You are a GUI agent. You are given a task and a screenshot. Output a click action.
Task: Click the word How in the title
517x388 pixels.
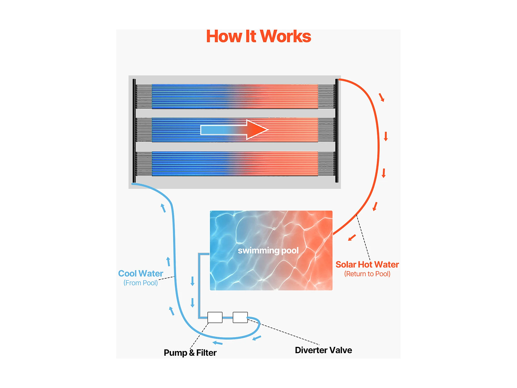point(224,36)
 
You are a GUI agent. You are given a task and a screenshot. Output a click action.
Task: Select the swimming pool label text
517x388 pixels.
point(268,250)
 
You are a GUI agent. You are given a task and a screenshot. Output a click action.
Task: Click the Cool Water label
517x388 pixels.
point(140,273)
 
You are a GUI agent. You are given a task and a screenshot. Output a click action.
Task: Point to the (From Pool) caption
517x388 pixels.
point(140,283)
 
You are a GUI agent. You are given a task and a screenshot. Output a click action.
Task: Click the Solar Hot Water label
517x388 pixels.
point(367,264)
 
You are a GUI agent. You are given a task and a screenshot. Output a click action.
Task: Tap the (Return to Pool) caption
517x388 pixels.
point(367,274)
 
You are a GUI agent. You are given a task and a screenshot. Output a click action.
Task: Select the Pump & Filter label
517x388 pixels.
point(190,353)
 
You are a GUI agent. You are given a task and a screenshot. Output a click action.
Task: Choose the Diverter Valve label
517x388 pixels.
point(323,350)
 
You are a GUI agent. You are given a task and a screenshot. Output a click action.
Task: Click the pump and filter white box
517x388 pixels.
point(215,317)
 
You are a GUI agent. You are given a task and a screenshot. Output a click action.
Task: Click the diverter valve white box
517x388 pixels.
point(240,317)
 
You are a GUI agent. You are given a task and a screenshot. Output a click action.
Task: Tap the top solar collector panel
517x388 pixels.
point(235,96)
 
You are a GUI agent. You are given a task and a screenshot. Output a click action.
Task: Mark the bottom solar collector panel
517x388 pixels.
point(235,164)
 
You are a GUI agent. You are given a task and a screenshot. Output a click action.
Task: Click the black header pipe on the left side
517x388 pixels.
point(134,131)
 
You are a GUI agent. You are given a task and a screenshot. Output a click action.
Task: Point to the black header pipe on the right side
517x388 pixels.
point(337,131)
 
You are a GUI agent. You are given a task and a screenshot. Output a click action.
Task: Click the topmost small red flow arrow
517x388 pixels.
point(382,97)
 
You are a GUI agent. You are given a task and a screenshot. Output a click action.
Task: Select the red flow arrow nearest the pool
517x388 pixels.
point(352,238)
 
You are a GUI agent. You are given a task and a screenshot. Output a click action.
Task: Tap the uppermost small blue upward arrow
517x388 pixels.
point(163,208)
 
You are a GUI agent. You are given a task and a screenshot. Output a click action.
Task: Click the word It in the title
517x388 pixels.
point(251,36)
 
